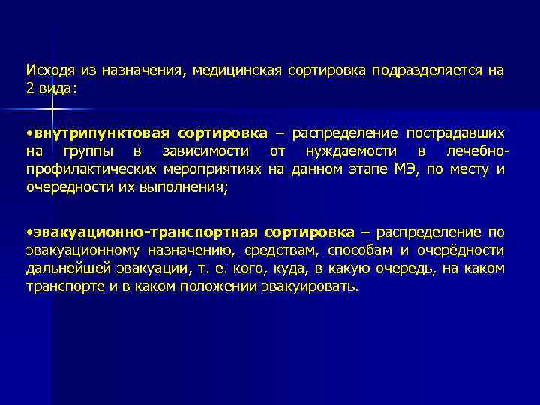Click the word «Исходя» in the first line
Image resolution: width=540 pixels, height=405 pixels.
click(x=47, y=70)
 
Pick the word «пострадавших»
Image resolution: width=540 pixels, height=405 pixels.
click(x=455, y=133)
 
